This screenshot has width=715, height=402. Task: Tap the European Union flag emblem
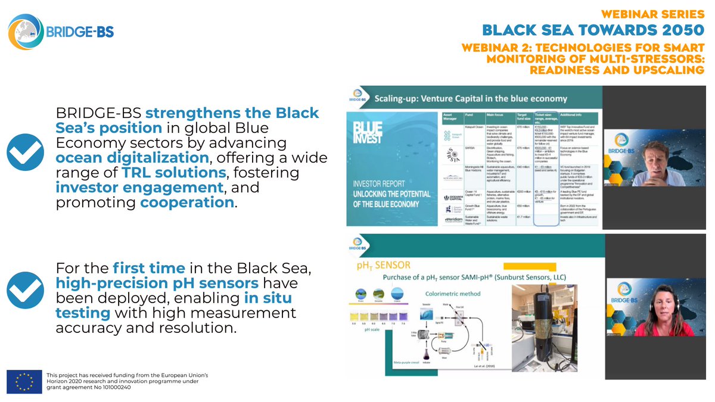pyautogui.click(x=24, y=381)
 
